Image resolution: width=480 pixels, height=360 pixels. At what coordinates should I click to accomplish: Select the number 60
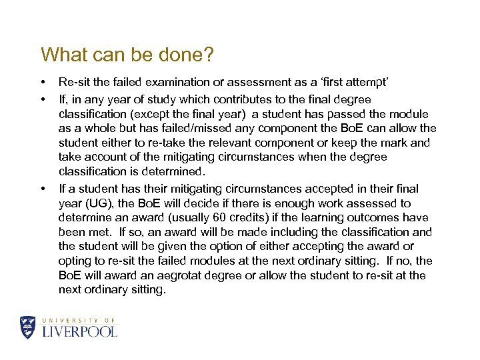(220, 218)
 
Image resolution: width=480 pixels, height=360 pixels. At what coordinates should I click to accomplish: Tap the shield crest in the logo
(28, 327)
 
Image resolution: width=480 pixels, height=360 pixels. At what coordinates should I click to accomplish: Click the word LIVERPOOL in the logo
(79, 331)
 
